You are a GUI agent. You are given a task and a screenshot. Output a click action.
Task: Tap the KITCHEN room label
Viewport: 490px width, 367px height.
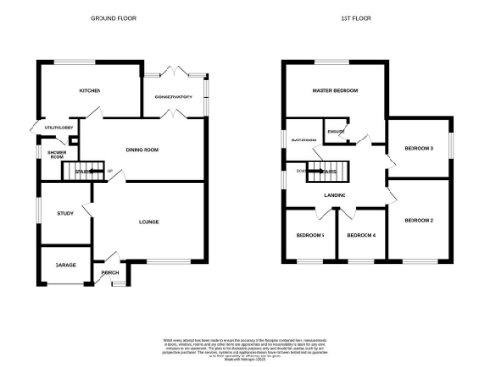click(91, 91)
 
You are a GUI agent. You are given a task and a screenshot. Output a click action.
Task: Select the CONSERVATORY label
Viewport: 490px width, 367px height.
click(173, 97)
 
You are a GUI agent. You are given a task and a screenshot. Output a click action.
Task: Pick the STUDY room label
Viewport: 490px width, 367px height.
click(65, 213)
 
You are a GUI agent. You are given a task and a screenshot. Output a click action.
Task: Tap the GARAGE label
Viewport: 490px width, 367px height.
click(65, 265)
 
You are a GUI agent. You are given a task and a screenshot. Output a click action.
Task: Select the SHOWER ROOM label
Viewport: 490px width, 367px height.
click(56, 153)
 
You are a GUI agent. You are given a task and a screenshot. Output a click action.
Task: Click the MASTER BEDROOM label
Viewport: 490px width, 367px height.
click(335, 90)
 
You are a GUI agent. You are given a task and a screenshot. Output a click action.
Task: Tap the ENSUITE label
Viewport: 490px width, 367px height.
click(335, 131)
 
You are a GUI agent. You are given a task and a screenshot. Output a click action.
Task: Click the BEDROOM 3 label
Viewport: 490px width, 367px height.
click(418, 148)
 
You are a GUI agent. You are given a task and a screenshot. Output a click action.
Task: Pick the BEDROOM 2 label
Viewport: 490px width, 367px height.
click(418, 221)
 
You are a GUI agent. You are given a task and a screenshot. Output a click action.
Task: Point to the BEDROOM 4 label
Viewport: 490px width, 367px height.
click(361, 235)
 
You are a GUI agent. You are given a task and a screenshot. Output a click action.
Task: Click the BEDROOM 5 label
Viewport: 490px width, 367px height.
click(309, 235)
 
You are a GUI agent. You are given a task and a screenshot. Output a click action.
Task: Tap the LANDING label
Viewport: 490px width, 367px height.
click(335, 196)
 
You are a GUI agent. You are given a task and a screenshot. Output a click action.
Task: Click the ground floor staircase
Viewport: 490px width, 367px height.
click(80, 172)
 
